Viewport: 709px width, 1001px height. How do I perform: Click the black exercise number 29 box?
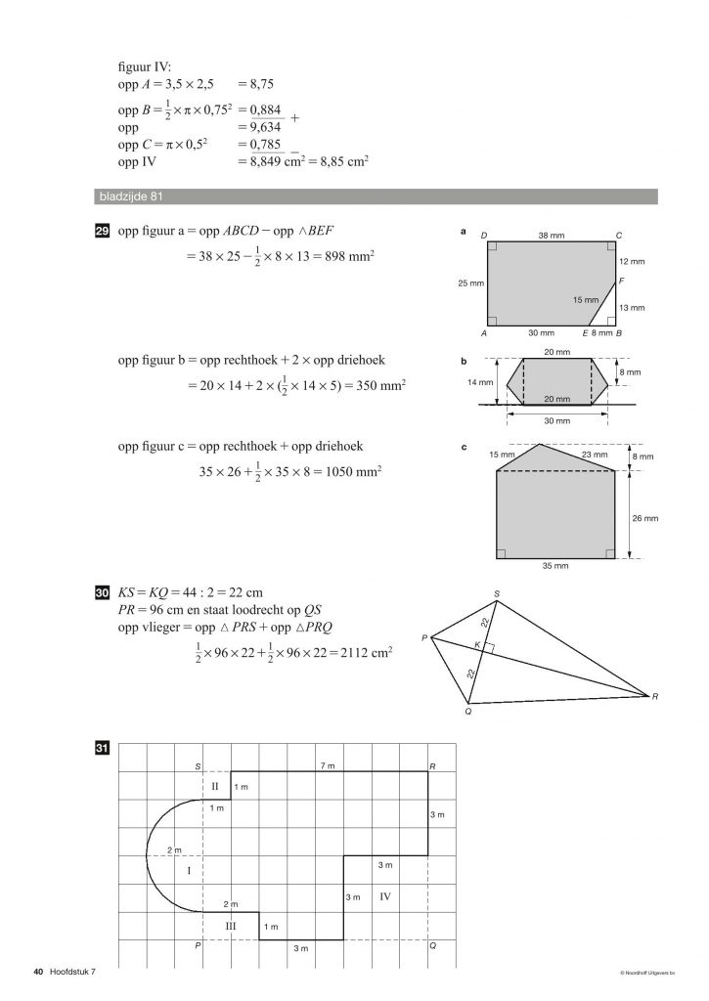101,231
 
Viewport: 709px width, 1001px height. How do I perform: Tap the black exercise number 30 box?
101,592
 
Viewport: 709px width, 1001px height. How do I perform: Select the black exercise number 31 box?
101,750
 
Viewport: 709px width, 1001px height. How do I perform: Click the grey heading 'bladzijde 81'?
130,196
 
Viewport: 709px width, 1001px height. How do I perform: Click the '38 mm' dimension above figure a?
551,236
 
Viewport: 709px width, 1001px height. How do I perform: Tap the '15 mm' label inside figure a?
586,300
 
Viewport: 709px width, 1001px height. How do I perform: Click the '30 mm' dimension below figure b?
555,421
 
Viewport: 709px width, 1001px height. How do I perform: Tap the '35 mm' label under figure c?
555,565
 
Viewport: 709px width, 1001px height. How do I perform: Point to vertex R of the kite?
654,696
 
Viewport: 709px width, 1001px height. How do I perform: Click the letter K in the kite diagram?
476,645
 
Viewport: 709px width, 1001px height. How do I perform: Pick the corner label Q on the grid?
432,947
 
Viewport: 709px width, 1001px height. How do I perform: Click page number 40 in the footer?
38,972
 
